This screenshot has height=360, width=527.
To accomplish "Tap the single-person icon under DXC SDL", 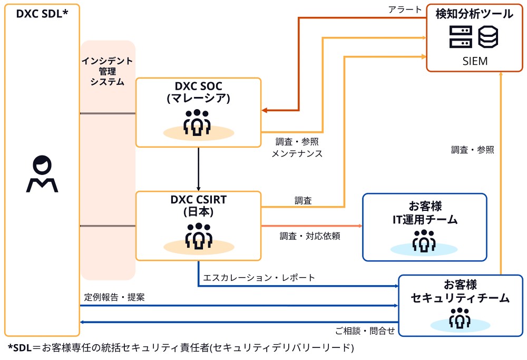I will tap(42, 174).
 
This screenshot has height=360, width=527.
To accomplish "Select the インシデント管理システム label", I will tap(107, 71).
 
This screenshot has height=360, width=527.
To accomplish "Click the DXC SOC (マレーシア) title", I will tap(198, 92).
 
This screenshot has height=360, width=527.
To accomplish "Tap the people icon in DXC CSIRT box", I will tap(198, 236).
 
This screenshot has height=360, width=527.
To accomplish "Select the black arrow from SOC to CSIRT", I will tap(198, 169).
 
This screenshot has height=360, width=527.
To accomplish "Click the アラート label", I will tap(404, 9).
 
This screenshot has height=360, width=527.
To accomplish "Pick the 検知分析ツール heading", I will tap(475, 14).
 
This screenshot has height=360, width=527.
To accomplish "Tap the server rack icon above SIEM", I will tap(460, 37).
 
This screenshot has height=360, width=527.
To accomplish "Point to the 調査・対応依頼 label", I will tap(310, 236).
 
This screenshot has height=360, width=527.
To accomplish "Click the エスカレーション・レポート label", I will tap(259, 277).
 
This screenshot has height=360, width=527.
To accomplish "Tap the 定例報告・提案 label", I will tap(114, 297).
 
